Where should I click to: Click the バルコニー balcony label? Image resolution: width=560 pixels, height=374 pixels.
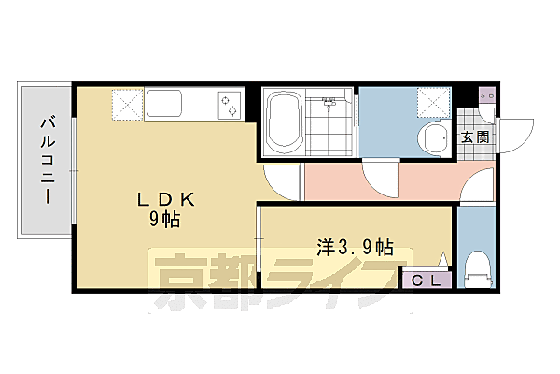44,160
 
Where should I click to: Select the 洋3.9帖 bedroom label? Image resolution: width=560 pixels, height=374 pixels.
355,248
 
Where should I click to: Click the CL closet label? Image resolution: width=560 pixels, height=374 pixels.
427,279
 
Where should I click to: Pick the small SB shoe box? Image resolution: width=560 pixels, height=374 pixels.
485,96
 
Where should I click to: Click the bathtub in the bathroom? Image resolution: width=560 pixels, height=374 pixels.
283,122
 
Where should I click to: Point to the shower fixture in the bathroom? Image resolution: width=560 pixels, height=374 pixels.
329,100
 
